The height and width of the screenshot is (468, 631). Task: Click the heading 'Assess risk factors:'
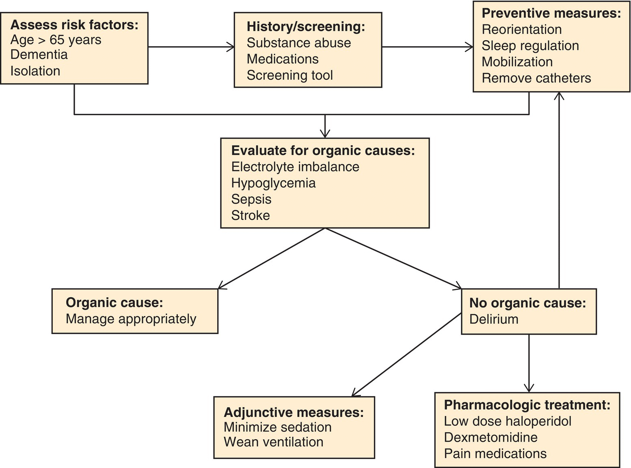pos(74,25)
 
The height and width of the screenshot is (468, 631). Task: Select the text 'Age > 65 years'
pos(56,40)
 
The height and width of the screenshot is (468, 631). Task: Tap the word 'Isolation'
pos(35,71)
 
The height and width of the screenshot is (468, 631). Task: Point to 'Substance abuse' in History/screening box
pos(298,43)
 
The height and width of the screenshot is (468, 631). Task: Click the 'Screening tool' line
pos(290,75)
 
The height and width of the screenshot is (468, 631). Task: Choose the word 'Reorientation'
pos(521,30)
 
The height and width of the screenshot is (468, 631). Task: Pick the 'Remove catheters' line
pos(536,78)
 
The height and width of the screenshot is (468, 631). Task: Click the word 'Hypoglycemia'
pos(273,183)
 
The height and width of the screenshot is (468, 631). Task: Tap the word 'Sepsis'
pos(251,199)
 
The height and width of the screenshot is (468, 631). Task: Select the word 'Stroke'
pos(251,215)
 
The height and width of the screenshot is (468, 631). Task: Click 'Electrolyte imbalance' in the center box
pos(295,167)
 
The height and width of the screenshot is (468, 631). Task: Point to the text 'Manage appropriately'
pos(131,319)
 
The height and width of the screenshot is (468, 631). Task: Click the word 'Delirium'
pos(494,319)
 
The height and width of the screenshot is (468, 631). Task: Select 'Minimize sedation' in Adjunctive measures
pos(277,427)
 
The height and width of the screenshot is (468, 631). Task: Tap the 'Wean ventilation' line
pos(273,442)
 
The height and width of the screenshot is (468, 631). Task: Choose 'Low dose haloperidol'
pos(508,421)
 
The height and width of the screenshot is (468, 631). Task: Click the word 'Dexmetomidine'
pos(491,438)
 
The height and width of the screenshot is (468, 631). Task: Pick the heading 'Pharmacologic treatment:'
pos(527,405)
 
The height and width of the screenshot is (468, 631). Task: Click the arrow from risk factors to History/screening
pos(191,47)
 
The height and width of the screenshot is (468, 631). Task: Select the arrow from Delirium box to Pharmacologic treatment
pos(529,363)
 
